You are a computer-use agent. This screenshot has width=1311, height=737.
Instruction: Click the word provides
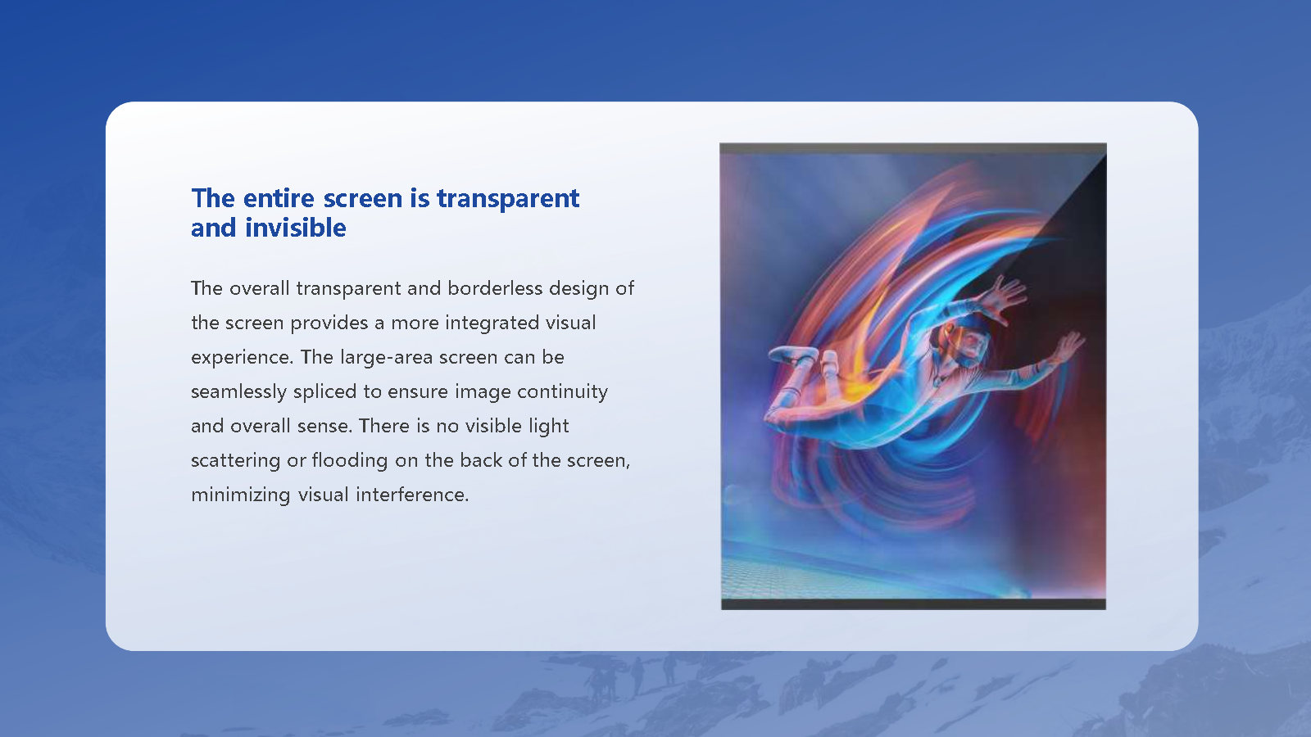(329, 323)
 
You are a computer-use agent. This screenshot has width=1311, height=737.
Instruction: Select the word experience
(242, 358)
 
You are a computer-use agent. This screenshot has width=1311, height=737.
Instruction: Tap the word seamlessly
(238, 392)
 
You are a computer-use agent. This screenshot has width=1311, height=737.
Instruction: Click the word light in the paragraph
(548, 427)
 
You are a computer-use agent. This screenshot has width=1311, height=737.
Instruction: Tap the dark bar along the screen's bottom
(913, 604)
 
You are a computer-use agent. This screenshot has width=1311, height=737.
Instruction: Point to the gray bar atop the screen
(913, 148)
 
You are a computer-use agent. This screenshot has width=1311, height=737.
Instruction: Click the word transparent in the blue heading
(507, 198)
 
